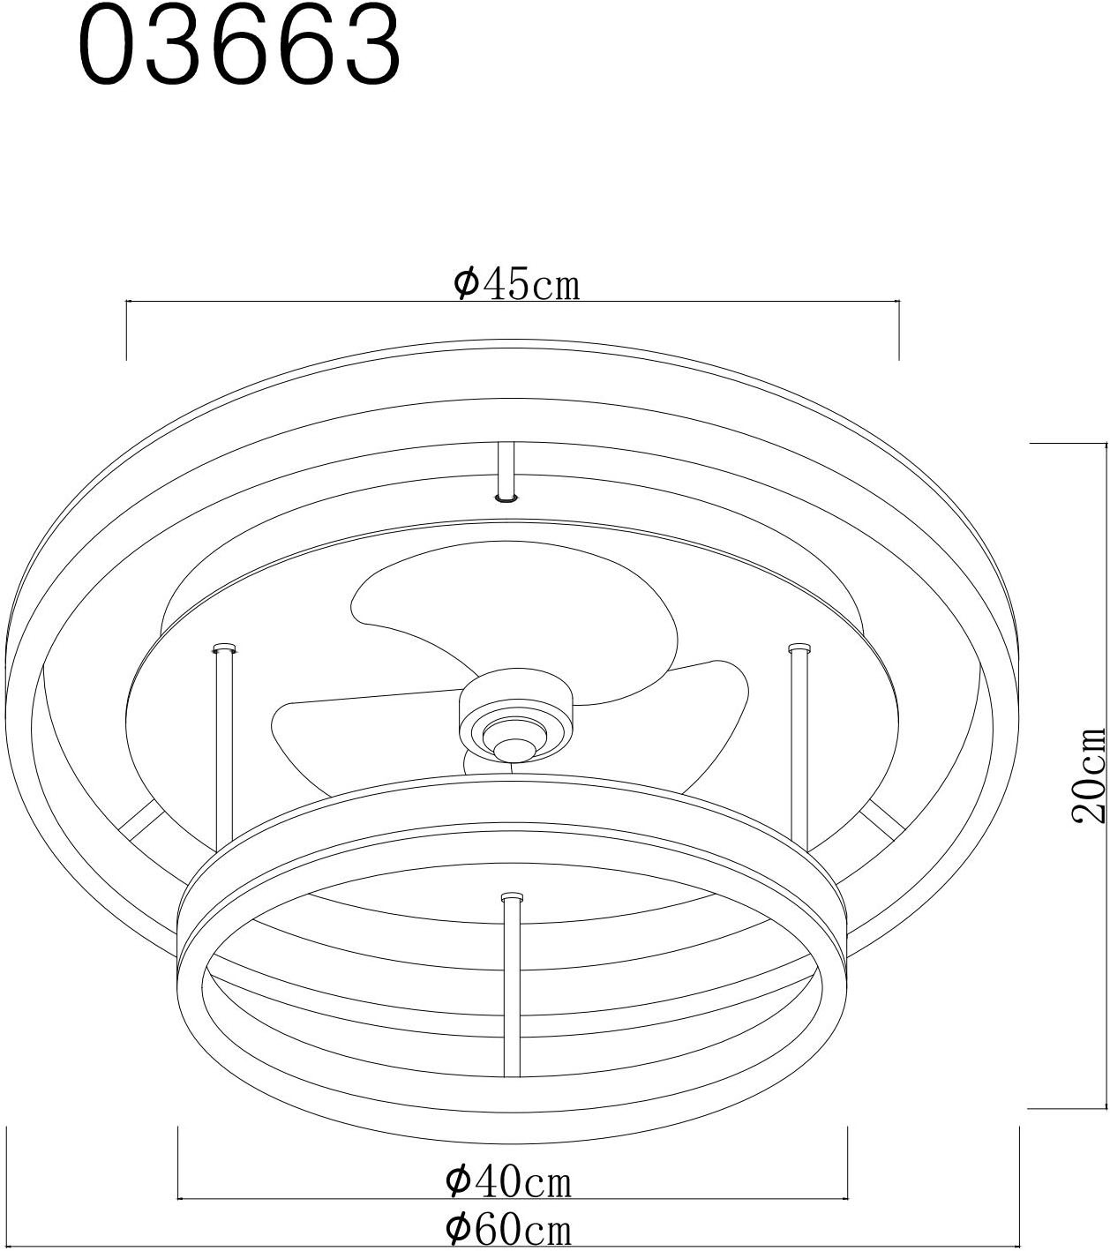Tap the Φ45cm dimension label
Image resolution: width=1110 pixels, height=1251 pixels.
point(516,284)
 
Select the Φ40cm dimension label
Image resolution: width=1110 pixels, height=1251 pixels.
point(509,1181)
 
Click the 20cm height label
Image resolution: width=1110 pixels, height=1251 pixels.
point(1088,774)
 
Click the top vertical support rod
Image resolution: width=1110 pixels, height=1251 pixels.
point(507,470)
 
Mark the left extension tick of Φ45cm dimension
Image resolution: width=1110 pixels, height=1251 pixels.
point(128,330)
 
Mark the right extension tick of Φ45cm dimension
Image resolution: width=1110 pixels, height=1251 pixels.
point(899,330)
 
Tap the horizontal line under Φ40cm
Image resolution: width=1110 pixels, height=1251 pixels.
point(512,1200)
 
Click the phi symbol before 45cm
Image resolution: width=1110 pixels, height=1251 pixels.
point(465,283)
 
